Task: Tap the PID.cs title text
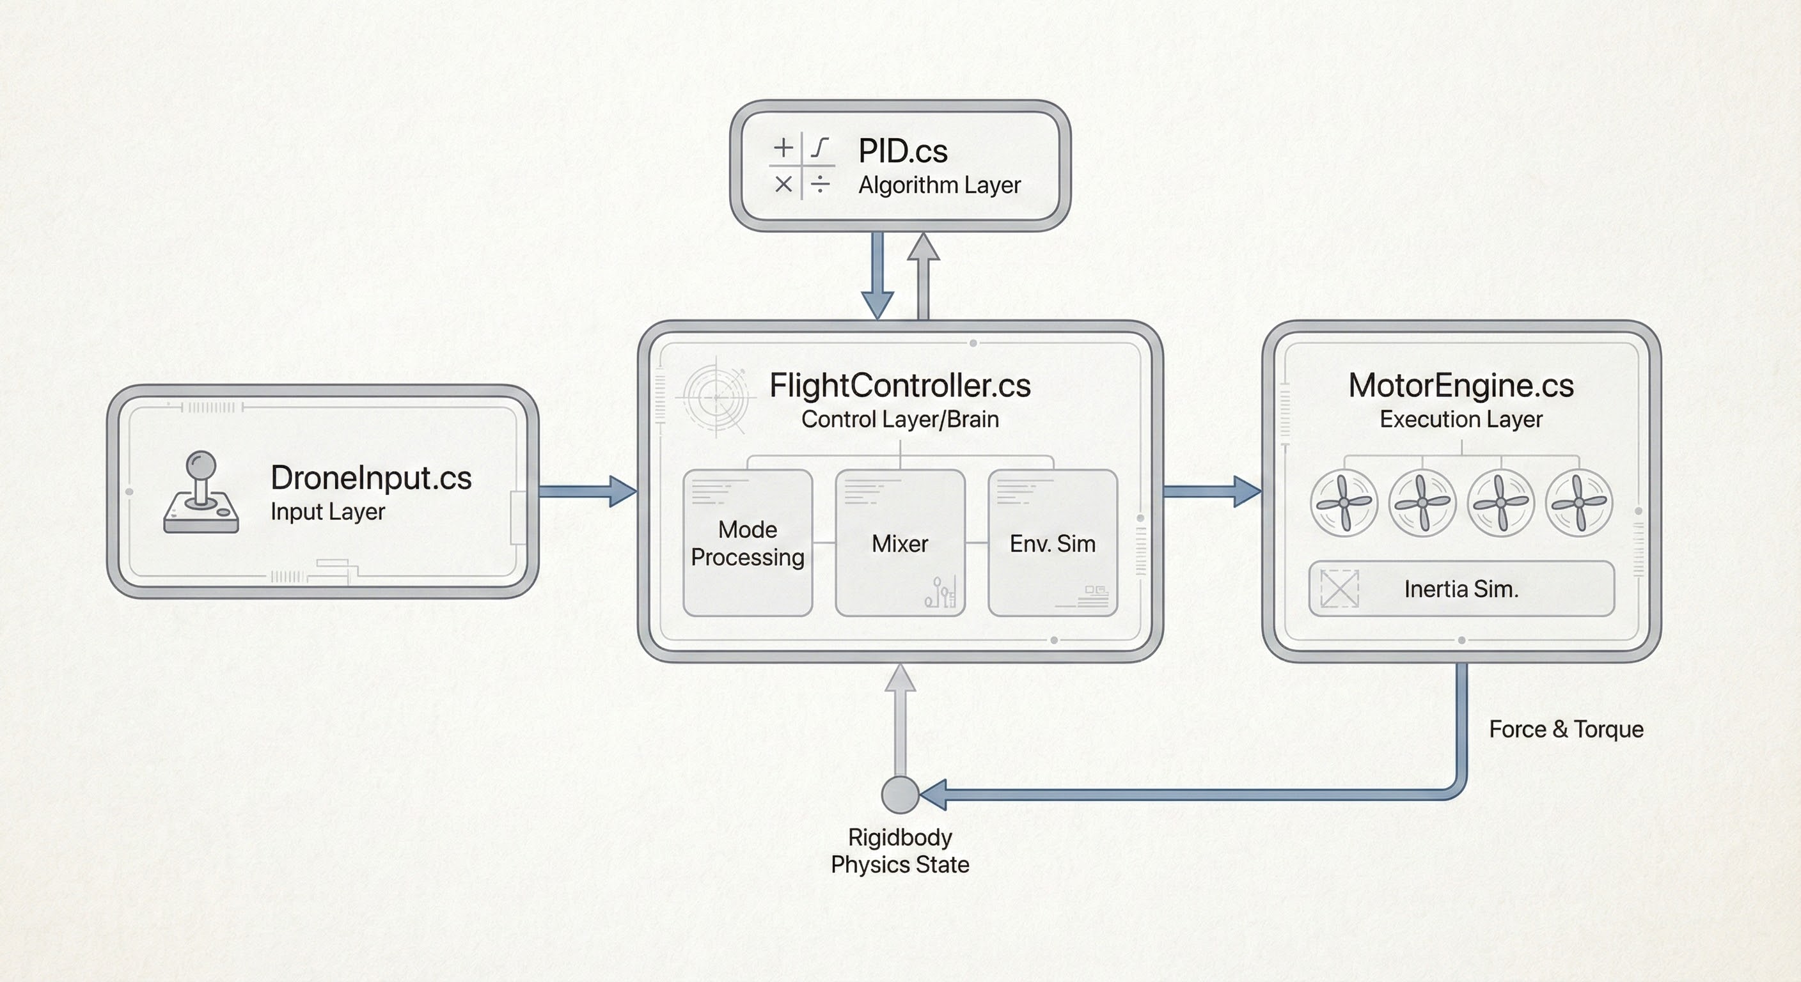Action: [902, 151]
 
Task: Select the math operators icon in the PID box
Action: [801, 166]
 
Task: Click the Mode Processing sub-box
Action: [748, 543]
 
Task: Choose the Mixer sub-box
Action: [900, 543]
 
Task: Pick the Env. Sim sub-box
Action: [1052, 543]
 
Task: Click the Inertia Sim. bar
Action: [1461, 589]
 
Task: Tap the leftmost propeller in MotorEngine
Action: [1344, 503]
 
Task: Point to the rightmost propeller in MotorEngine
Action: [1578, 503]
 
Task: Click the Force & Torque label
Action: [1566, 729]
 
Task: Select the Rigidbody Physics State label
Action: [900, 850]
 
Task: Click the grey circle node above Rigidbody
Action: [900, 795]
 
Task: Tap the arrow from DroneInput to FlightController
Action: [587, 492]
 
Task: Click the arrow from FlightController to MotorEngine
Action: [1211, 492]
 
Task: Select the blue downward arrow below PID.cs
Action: [877, 276]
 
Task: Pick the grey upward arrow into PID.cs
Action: [923, 276]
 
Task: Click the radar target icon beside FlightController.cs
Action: [716, 397]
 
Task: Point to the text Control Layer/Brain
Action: [900, 419]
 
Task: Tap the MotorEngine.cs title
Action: [1461, 386]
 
